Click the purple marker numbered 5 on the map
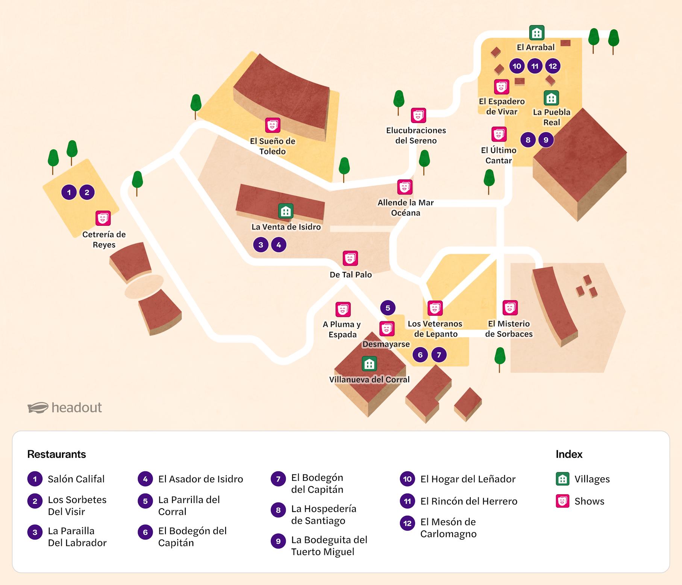[388, 308]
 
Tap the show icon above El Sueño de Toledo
[273, 125]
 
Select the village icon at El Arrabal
[537, 33]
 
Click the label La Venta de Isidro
[286, 227]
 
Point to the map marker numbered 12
[552, 66]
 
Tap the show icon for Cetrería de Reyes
[103, 218]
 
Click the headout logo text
[76, 407]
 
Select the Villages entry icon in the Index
[562, 479]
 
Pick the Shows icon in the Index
[562, 501]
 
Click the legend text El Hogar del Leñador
[468, 479]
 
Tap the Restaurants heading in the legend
[56, 454]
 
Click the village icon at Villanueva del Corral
[369, 364]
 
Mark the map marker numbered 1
[69, 192]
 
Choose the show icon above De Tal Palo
[350, 258]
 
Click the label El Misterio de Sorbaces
[509, 329]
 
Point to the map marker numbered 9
[546, 140]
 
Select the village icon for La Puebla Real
[551, 98]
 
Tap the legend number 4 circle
[145, 479]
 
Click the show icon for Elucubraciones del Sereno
[418, 115]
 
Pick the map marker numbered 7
[439, 355]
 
